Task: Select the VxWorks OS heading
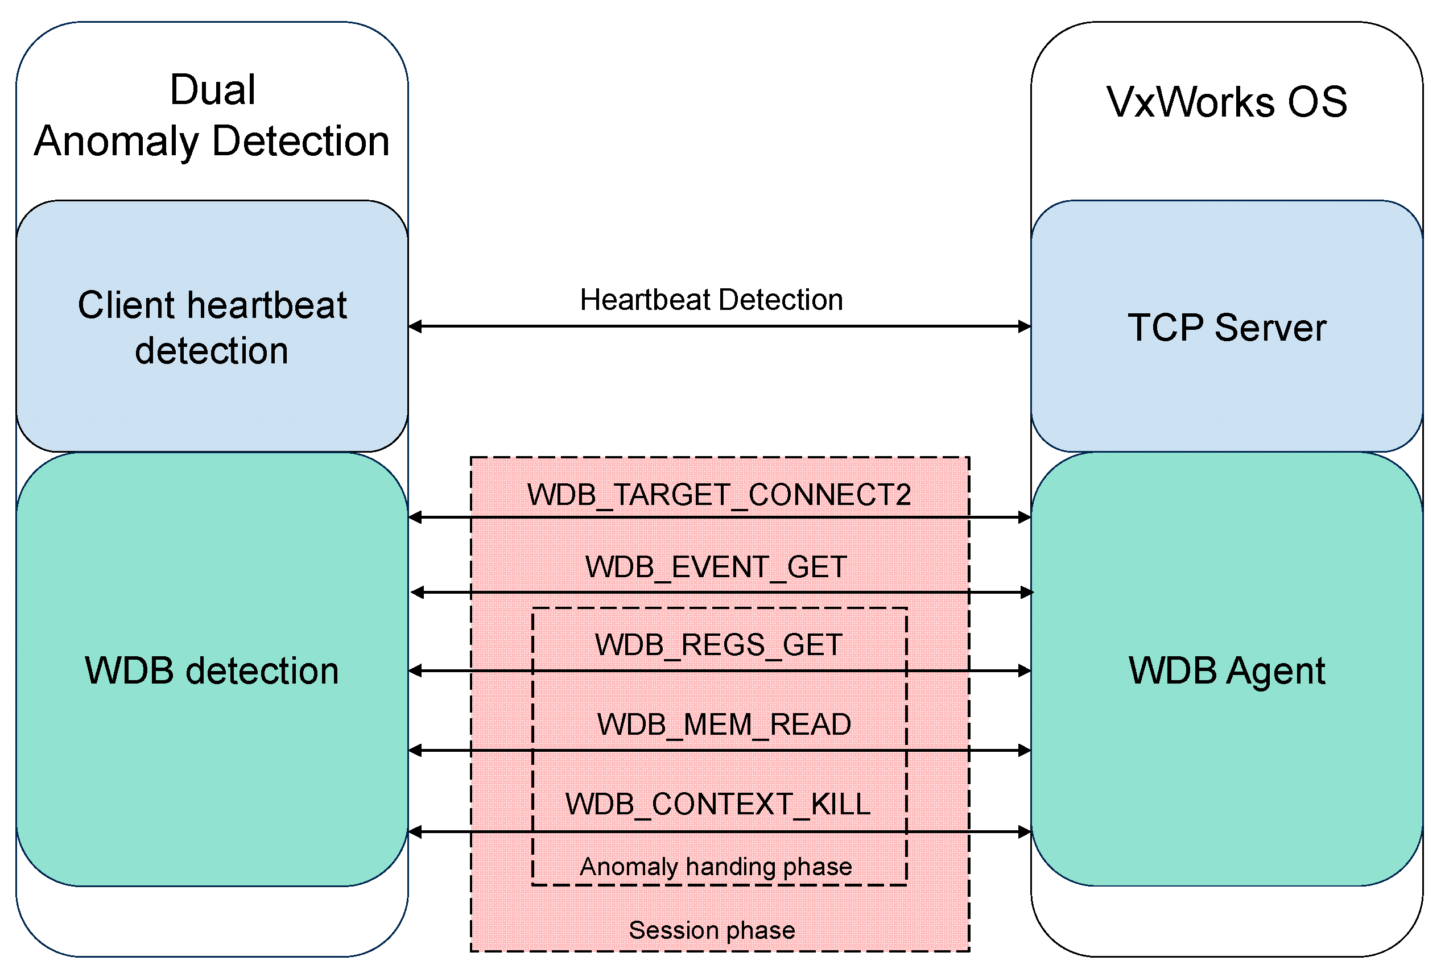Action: pyautogui.click(x=1226, y=102)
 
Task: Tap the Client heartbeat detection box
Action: pyautogui.click(x=212, y=327)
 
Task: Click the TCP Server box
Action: pyautogui.click(x=1226, y=327)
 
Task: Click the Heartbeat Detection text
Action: pyautogui.click(x=711, y=300)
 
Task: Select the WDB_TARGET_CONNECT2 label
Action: pyautogui.click(x=719, y=495)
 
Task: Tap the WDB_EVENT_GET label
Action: pyautogui.click(x=716, y=566)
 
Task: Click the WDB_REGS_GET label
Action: pyautogui.click(x=718, y=644)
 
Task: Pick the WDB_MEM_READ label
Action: pyautogui.click(x=723, y=724)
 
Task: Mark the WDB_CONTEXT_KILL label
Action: pyautogui.click(x=717, y=804)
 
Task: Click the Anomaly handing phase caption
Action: pyautogui.click(x=715, y=866)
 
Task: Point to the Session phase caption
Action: pyautogui.click(x=711, y=930)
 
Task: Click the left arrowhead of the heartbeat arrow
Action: pyautogui.click(x=415, y=326)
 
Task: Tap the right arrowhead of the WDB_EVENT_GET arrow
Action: pyautogui.click(x=1027, y=593)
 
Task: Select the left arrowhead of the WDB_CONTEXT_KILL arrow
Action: pyautogui.click(x=415, y=832)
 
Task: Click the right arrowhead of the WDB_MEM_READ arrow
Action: pyautogui.click(x=1024, y=751)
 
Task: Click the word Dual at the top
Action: pyautogui.click(x=212, y=90)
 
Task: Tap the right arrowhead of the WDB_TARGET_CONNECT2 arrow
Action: pyautogui.click(x=1024, y=517)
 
